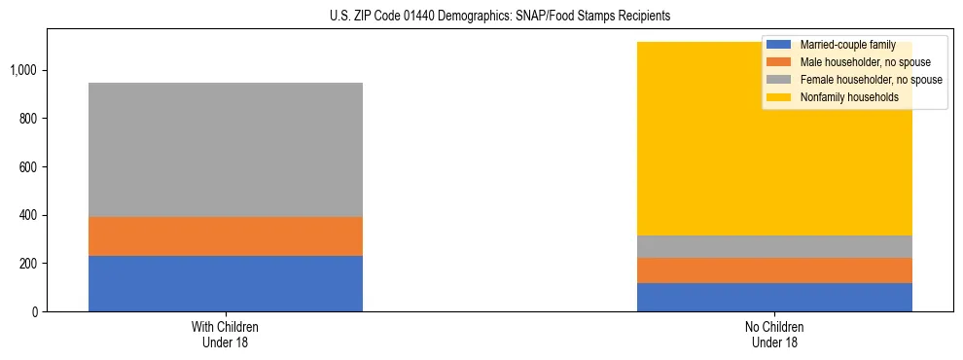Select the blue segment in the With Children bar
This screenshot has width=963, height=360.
[x=225, y=283]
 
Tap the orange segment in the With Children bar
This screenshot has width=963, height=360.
[x=225, y=236]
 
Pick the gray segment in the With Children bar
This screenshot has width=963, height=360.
[x=225, y=150]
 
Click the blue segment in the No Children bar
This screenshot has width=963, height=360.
[x=774, y=297]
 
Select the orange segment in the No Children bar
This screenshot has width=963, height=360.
[x=774, y=270]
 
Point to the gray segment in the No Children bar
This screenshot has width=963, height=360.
[x=774, y=247]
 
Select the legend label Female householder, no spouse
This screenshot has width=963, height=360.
[x=871, y=80]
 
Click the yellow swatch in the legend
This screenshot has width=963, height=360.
[x=779, y=97]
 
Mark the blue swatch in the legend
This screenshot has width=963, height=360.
[x=779, y=45]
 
